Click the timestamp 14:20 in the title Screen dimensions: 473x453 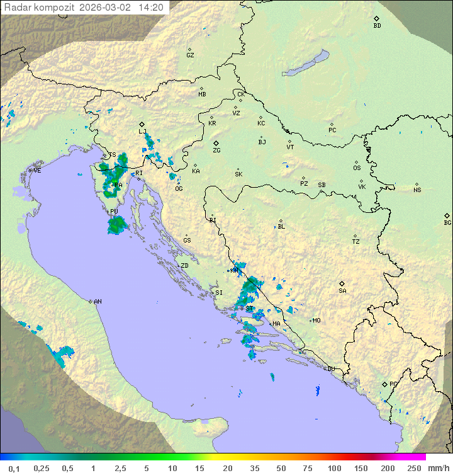[151, 8]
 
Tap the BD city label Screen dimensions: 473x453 [377, 26]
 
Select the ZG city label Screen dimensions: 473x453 [216, 151]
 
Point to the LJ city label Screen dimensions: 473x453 [143, 131]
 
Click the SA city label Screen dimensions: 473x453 [342, 290]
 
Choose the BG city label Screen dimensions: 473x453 [447, 222]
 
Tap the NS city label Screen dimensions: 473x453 [417, 190]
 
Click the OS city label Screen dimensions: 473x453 [357, 168]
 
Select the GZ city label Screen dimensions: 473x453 [190, 55]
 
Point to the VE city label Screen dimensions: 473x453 [37, 171]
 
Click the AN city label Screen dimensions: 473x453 [98, 302]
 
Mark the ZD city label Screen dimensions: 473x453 [184, 266]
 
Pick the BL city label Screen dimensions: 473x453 [281, 226]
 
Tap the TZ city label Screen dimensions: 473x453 [355, 241]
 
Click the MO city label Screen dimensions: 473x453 [316, 320]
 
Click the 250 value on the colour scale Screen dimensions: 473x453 [413, 468]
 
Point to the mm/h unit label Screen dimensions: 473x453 [438, 468]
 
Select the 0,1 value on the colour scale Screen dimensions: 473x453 [14, 468]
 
